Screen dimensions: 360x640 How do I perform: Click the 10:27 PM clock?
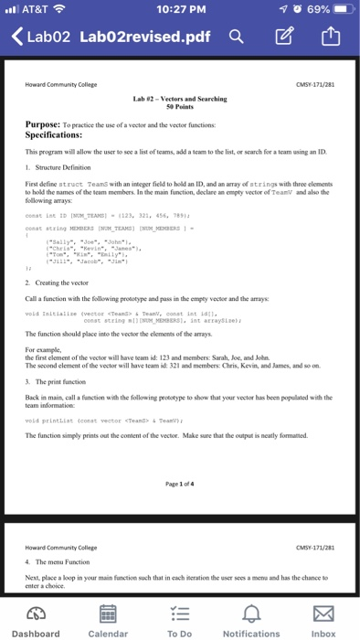(180, 9)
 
